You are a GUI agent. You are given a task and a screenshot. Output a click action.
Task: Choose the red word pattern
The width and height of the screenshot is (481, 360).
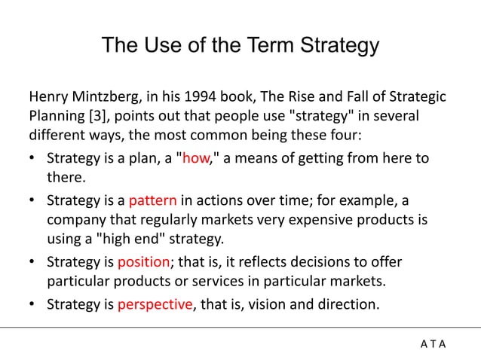(x=153, y=201)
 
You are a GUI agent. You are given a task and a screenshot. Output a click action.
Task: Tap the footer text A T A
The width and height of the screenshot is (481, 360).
(x=433, y=344)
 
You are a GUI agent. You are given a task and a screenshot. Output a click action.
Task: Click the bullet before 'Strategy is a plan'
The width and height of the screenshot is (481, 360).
(x=33, y=159)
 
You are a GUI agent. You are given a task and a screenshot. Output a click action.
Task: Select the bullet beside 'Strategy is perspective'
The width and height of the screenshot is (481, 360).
(x=33, y=305)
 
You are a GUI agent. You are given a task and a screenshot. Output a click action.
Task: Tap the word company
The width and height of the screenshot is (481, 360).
(x=75, y=221)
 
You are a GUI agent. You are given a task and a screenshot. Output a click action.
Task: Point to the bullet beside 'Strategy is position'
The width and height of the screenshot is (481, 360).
(x=33, y=263)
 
